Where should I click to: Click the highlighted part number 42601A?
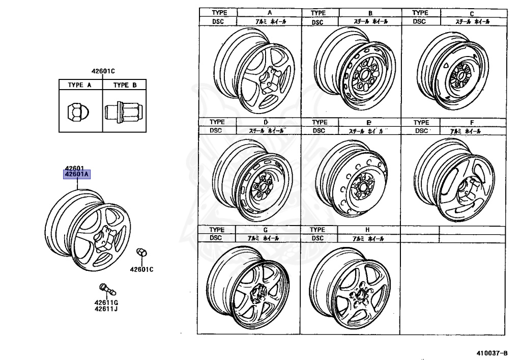77,175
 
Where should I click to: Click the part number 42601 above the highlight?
74,169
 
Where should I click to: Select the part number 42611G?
106,302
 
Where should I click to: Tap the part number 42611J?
106,309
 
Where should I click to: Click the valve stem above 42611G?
107,288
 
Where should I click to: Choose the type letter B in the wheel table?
370,13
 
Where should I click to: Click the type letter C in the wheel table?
472,13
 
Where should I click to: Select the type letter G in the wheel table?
265,230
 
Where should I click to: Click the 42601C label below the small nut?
141,269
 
